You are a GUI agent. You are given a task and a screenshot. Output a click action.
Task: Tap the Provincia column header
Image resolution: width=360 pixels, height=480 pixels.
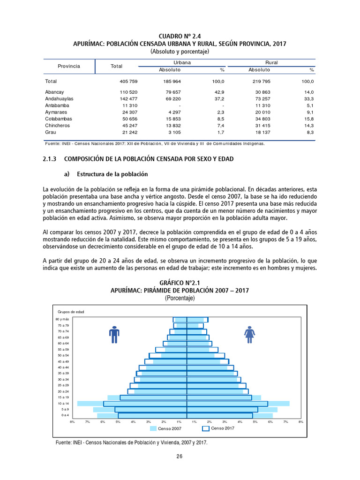click(x=69, y=66)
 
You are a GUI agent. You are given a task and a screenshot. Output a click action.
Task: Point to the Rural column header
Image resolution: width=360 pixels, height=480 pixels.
click(x=271, y=62)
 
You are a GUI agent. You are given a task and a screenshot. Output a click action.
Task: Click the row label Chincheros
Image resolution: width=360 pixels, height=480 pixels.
click(x=58, y=126)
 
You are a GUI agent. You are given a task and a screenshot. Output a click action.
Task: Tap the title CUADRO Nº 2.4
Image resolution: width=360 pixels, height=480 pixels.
click(x=180, y=36)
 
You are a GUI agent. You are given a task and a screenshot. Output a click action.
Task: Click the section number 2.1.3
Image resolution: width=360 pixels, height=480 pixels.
click(x=49, y=159)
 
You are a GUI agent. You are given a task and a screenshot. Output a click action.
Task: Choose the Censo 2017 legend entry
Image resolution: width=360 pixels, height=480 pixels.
click(x=218, y=428)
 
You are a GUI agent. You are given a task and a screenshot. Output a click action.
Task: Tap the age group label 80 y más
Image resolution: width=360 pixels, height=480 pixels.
click(x=63, y=319)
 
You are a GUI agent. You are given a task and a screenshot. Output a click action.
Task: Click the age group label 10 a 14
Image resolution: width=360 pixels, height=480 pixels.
click(x=63, y=403)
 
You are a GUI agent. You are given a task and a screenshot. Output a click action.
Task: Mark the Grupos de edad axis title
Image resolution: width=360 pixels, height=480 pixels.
click(x=71, y=312)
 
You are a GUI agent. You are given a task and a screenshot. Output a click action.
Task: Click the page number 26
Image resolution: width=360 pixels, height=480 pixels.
click(x=180, y=457)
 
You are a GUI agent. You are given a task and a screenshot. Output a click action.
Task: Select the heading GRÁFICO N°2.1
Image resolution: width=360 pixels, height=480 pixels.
click(x=180, y=283)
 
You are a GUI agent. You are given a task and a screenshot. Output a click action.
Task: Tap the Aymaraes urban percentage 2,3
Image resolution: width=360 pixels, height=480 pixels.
click(x=220, y=112)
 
